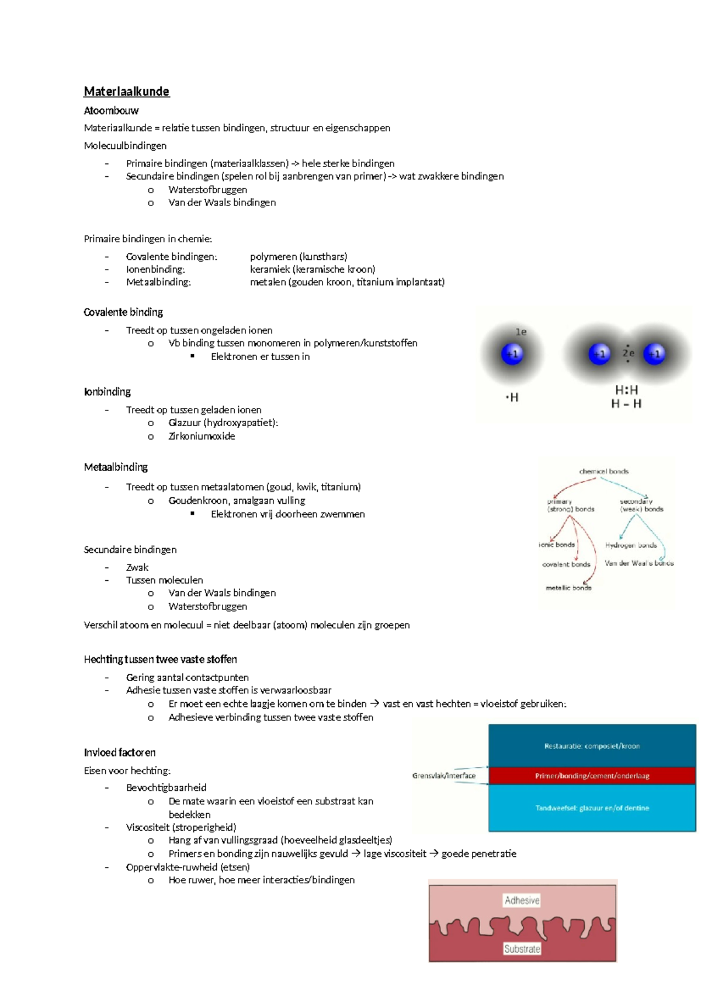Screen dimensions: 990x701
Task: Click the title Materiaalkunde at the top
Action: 126,92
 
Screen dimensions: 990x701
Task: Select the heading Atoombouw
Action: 111,111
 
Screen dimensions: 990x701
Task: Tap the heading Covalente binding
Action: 123,312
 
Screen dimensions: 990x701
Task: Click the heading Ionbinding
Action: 107,392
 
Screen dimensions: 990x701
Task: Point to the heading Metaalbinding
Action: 116,467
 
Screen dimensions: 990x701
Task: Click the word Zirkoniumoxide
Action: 202,436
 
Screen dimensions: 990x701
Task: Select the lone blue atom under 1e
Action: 512,354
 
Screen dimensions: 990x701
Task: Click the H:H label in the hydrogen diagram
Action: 626,390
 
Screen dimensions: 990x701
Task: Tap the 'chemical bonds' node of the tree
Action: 603,471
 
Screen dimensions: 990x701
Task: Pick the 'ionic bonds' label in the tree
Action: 557,545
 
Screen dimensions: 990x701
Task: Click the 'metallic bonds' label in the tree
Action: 568,588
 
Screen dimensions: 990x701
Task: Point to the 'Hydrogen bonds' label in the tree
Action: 631,545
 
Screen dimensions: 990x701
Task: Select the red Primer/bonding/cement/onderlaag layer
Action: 592,776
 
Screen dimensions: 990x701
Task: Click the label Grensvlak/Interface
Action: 443,776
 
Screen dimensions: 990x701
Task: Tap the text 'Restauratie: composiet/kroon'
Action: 592,746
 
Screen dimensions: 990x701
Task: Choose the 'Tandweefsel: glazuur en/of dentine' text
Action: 592,808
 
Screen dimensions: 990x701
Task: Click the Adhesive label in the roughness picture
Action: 522,901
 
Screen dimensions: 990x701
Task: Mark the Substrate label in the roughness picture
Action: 522,949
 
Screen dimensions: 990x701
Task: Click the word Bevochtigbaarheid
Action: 166,787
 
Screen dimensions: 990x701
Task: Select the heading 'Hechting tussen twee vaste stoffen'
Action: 160,660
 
